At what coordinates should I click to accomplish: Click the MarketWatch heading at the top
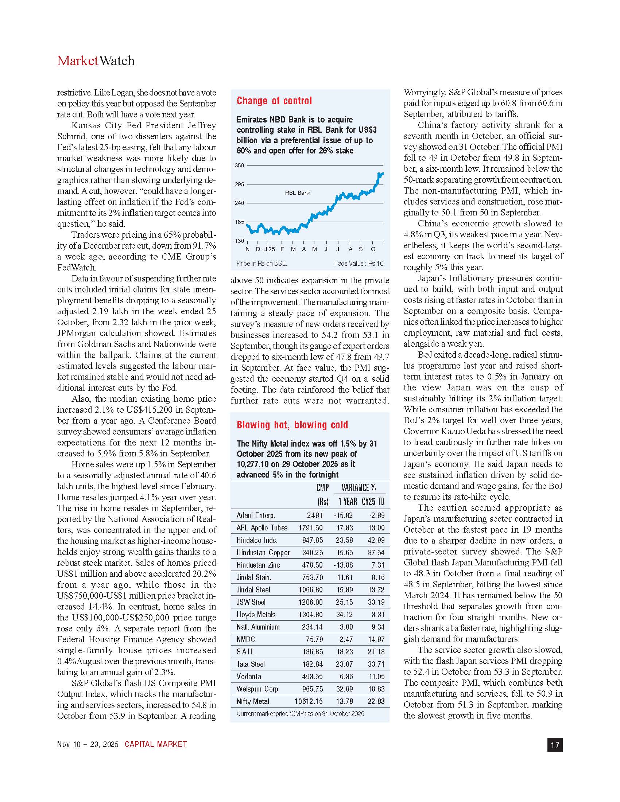pyautogui.click(x=96, y=61)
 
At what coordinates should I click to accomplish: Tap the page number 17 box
pyautogui.click(x=555, y=745)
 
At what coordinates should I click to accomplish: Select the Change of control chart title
pyautogui.click(x=274, y=101)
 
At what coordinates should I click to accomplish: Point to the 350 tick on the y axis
pyautogui.click(x=240, y=166)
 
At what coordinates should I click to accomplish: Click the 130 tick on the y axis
pyautogui.click(x=240, y=241)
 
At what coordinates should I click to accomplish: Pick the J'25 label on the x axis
pyautogui.click(x=270, y=249)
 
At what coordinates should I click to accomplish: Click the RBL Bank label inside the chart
pyautogui.click(x=298, y=193)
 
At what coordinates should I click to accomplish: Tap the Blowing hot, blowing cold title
pyautogui.click(x=292, y=425)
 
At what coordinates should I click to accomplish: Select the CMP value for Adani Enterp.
pyautogui.click(x=315, y=515)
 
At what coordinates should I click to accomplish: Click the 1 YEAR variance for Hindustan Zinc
pyautogui.click(x=344, y=565)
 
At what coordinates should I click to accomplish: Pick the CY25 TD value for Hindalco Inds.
pyautogui.click(x=376, y=540)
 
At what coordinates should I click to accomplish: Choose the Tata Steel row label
pyautogui.click(x=251, y=664)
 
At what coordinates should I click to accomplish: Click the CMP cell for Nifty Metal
pyautogui.click(x=309, y=701)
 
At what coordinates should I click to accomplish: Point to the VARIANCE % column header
pyautogui.click(x=359, y=488)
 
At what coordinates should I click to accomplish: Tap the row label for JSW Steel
pyautogui.click(x=251, y=602)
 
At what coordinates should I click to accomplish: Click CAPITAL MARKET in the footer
pyautogui.click(x=156, y=744)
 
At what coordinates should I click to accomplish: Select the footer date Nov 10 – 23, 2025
pyautogui.click(x=88, y=744)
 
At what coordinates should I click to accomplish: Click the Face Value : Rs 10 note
pyautogui.click(x=359, y=263)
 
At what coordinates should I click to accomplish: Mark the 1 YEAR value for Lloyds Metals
pyautogui.click(x=345, y=615)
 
